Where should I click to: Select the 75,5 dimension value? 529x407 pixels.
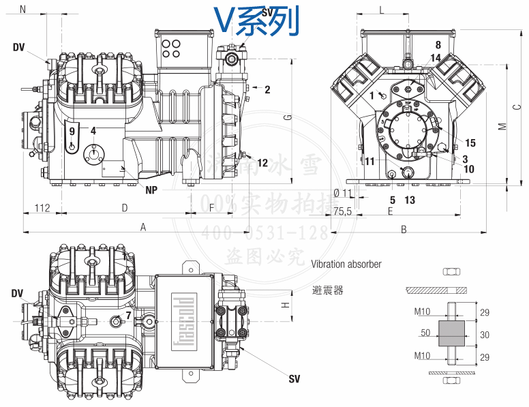(x=343, y=212)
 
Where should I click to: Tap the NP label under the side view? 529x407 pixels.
(x=151, y=190)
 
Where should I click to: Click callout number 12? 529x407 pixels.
(x=262, y=162)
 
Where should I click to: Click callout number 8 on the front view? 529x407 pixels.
(x=438, y=45)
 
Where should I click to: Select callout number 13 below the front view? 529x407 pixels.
(x=409, y=200)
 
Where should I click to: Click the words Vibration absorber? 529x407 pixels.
(x=346, y=264)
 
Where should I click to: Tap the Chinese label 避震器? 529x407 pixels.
(x=327, y=290)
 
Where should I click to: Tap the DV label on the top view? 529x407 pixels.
(x=17, y=293)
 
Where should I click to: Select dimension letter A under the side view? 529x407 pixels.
(x=143, y=227)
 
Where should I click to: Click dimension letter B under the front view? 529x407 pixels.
(x=404, y=229)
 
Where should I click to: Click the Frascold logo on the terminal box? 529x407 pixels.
(x=184, y=321)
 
